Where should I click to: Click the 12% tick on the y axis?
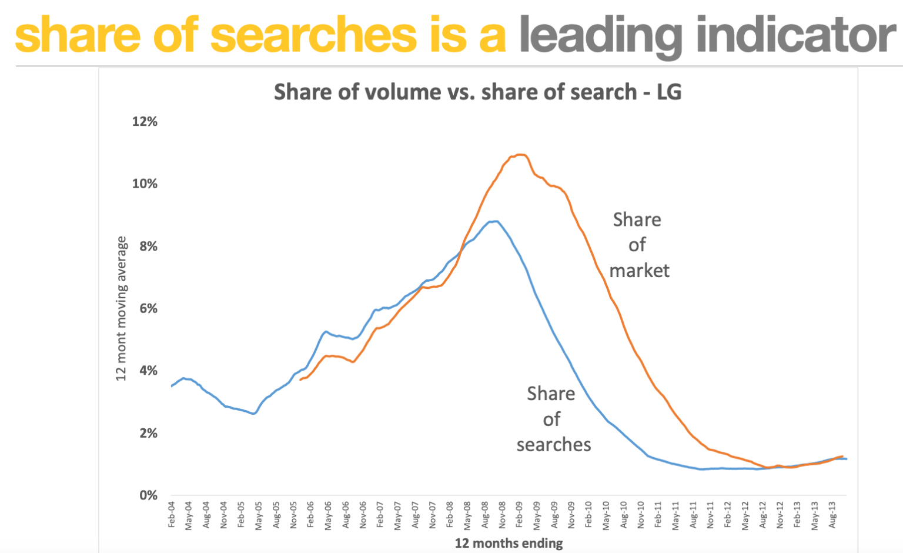[145, 122]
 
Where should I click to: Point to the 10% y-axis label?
[145, 184]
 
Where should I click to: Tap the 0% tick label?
[148, 495]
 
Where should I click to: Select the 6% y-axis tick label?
[148, 309]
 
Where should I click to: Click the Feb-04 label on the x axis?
[172, 514]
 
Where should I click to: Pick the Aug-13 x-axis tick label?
[832, 515]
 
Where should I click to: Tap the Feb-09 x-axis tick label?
[520, 514]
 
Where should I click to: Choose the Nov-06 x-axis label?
[363, 514]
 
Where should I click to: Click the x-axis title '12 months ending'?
[509, 543]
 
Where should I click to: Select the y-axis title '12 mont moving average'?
[121, 308]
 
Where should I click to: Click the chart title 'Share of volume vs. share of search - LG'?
[477, 92]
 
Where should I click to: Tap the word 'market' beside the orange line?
[639, 271]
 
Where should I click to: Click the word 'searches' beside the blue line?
[554, 445]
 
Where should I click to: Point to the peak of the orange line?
[520, 155]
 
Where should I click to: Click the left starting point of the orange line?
[300, 380]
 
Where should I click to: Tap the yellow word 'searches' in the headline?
[313, 35]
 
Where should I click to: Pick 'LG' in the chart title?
[669, 92]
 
